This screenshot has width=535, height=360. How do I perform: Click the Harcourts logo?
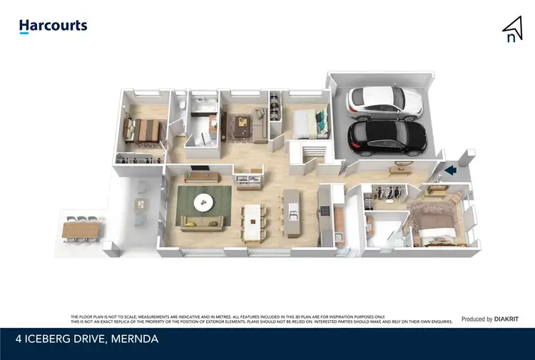pyautogui.click(x=53, y=26)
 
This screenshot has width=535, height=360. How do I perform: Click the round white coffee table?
pyautogui.click(x=204, y=202)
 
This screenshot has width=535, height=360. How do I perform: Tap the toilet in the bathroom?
pyautogui.click(x=183, y=106)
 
